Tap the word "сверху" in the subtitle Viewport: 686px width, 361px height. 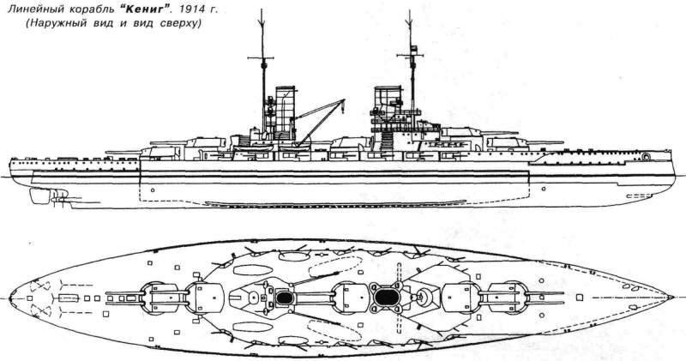click(180, 24)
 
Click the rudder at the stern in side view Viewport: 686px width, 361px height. click(40, 196)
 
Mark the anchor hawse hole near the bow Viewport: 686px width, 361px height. click(647, 156)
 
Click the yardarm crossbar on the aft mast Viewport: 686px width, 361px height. click(261, 57)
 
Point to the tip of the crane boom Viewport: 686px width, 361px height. click(344, 101)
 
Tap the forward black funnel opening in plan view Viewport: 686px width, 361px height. click(385, 298)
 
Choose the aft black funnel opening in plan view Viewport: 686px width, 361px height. click(286, 298)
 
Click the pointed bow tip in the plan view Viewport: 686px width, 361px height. click(672, 298)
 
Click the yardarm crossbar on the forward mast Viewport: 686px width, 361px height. click(410, 55)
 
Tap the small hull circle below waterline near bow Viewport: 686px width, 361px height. click(544, 189)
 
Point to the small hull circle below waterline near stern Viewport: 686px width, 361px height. click(153, 190)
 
